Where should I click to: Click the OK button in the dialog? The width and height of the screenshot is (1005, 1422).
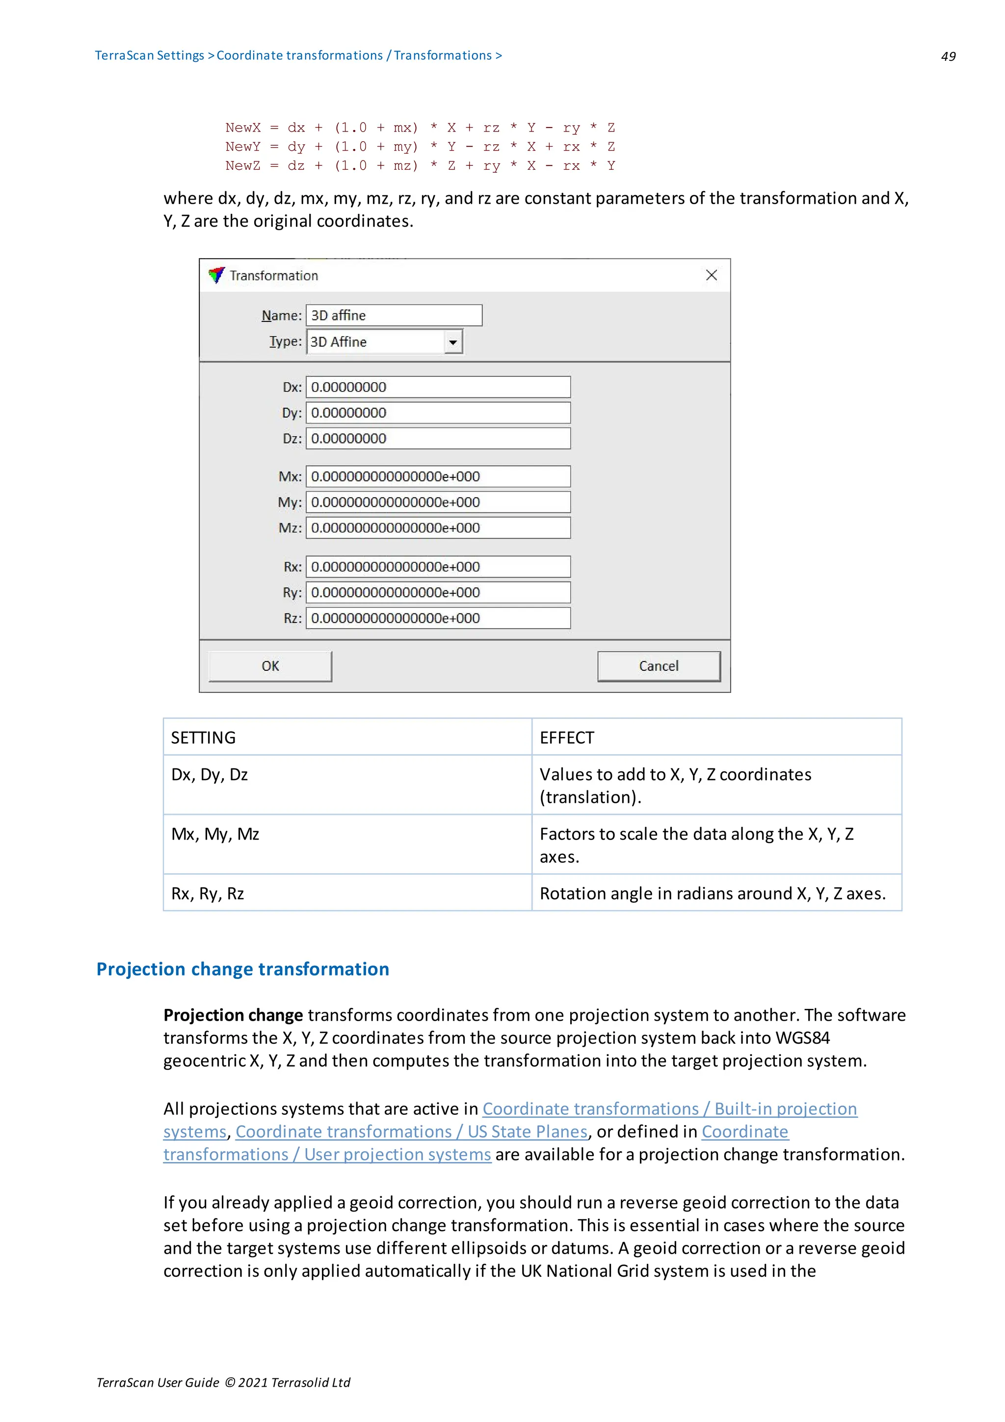[x=270, y=666]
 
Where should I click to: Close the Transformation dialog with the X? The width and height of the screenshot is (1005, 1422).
[x=711, y=275]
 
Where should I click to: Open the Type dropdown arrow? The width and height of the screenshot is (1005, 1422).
[x=453, y=342]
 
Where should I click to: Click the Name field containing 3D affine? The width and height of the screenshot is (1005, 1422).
[x=394, y=315]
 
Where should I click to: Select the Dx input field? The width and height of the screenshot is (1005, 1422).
[x=438, y=387]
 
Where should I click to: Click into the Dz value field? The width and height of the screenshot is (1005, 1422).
[x=438, y=439]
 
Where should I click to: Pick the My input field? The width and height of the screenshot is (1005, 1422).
[x=438, y=502]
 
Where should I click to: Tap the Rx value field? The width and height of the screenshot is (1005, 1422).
[x=438, y=567]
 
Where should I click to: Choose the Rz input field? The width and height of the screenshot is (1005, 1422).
[x=438, y=618]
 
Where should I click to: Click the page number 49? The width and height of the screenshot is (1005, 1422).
[x=948, y=56]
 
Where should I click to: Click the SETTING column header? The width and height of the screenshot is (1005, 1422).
[x=203, y=737]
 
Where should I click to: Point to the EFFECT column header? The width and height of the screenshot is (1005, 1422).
[x=567, y=737]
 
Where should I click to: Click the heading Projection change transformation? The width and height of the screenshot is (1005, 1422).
[x=243, y=969]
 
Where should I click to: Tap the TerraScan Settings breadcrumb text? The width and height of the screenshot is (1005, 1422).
[x=149, y=56]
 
